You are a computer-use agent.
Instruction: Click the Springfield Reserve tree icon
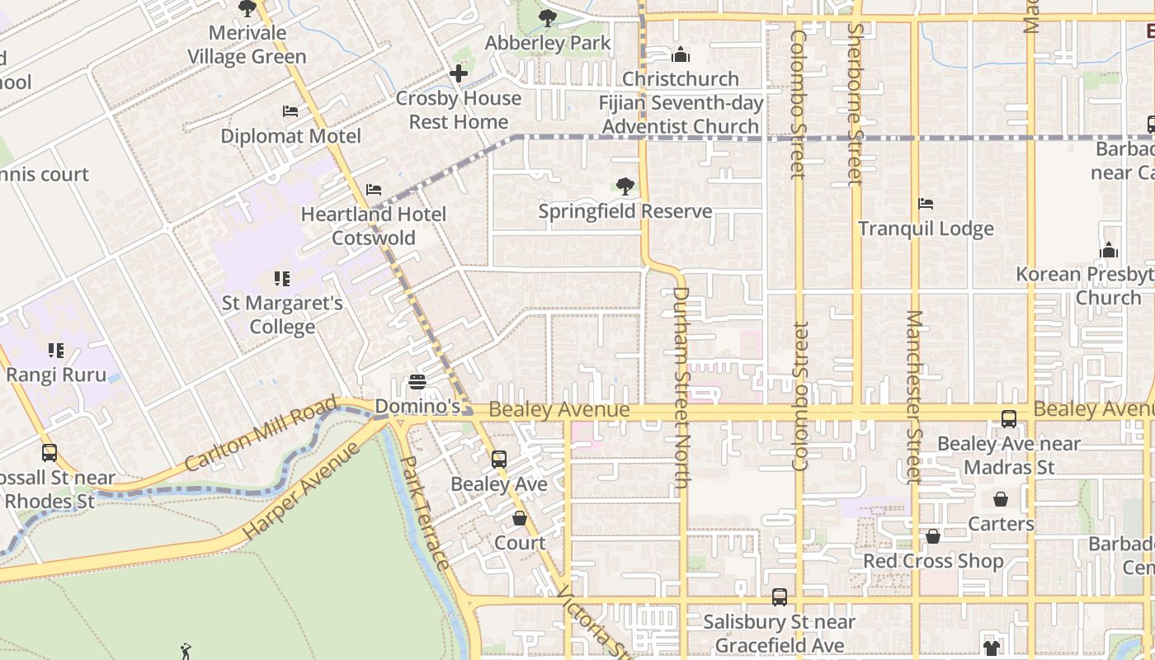(x=625, y=186)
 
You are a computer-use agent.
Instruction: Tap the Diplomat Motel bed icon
(x=290, y=111)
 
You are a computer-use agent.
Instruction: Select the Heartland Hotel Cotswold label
(x=373, y=226)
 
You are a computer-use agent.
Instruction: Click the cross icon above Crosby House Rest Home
(x=458, y=73)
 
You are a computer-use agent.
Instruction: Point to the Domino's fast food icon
(x=417, y=382)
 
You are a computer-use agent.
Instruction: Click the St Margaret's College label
(x=282, y=314)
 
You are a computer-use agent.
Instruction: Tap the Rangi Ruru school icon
(x=56, y=351)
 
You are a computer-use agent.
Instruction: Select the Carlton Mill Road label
(x=261, y=434)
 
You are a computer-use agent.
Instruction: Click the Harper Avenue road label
(x=303, y=492)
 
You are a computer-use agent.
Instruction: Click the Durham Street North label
(x=681, y=388)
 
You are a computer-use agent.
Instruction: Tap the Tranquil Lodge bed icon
(x=926, y=204)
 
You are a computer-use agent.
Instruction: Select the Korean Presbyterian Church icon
(x=1109, y=250)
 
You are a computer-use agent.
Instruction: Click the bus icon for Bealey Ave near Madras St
(x=1009, y=419)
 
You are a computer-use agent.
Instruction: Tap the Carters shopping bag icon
(x=1001, y=499)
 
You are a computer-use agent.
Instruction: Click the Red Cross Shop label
(x=933, y=561)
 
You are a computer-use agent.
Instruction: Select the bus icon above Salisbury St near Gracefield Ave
(x=780, y=596)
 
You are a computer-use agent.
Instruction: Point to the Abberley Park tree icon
(x=547, y=18)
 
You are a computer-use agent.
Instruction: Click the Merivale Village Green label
(x=247, y=45)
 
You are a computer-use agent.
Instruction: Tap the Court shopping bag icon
(x=520, y=518)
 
